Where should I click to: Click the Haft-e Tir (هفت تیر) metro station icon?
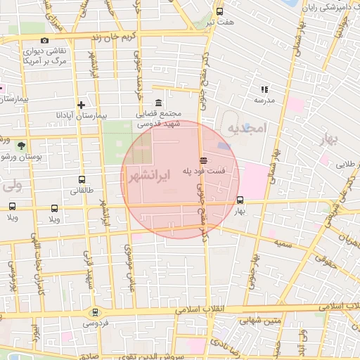click(x=219, y=11)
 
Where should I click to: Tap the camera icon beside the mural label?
click(x=45, y=40)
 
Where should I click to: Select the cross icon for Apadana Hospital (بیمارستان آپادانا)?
click(x=82, y=104)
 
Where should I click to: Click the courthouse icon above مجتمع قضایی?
click(x=159, y=103)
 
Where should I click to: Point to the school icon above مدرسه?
click(x=264, y=89)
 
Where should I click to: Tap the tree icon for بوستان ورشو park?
click(x=21, y=146)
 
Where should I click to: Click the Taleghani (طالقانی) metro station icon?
click(x=82, y=179)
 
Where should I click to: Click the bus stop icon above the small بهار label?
click(x=240, y=199)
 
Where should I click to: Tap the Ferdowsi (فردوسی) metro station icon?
click(x=95, y=312)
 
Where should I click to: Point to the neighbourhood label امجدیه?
click(x=245, y=127)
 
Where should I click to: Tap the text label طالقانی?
click(x=83, y=191)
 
